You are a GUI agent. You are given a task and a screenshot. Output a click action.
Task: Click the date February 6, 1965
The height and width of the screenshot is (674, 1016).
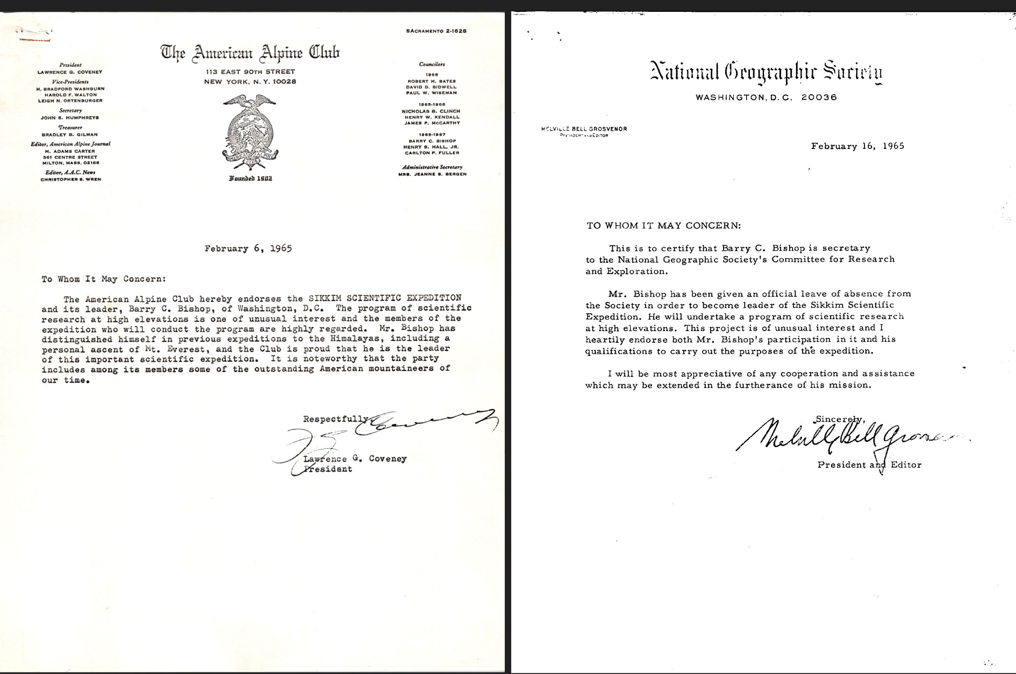[x=248, y=249]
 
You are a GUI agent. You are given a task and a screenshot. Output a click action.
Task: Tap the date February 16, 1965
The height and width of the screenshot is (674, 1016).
[x=857, y=146]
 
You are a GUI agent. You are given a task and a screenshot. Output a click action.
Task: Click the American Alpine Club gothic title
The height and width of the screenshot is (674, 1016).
[x=250, y=53]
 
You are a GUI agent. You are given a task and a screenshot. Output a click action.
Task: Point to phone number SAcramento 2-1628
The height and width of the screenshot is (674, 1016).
[x=436, y=31]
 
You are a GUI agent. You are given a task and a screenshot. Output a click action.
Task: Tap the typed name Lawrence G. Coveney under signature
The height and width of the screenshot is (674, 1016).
[x=355, y=459]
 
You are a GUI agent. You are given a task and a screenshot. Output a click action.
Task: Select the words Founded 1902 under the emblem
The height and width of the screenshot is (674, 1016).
[x=250, y=178]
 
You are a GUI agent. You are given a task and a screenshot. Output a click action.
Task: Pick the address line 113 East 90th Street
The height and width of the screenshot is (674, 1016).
[x=250, y=71]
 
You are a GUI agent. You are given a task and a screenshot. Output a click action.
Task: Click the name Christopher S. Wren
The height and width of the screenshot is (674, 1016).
[x=70, y=180]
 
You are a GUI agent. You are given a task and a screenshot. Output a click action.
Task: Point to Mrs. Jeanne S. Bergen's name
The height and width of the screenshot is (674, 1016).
[x=432, y=174]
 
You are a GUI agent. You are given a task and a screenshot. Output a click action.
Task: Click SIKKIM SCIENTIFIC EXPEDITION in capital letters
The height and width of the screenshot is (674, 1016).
[x=384, y=298]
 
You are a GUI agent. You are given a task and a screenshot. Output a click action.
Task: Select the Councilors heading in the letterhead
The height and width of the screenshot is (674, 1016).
[x=432, y=64]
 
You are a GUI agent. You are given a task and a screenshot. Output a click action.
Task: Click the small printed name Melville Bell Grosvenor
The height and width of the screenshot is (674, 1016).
[x=585, y=129]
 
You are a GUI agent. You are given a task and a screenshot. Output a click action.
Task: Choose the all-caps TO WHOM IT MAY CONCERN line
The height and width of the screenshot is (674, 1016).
[x=663, y=226]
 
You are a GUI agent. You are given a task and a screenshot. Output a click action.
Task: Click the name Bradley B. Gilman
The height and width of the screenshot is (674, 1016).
[x=70, y=134]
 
